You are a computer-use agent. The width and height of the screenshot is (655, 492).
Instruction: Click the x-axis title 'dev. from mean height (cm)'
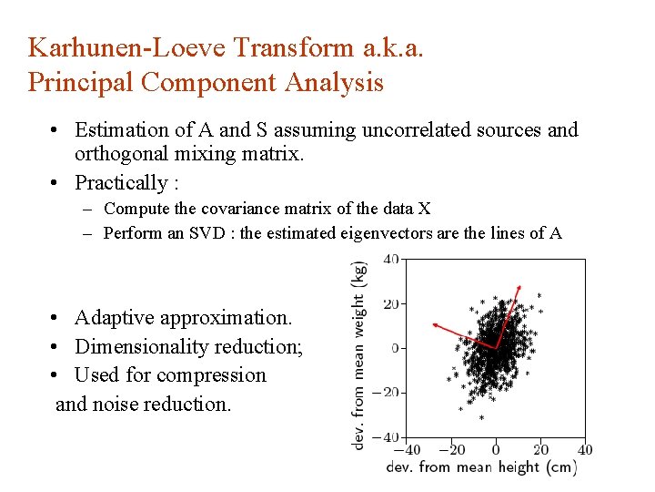tap(481, 467)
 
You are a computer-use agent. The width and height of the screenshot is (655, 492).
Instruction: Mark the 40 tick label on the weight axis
tap(390, 259)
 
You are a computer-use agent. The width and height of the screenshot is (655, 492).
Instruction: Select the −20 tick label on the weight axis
tap(387, 393)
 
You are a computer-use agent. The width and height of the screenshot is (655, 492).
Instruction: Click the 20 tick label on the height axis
tap(540, 449)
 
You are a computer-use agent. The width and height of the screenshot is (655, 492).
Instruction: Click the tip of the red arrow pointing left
tap(433, 323)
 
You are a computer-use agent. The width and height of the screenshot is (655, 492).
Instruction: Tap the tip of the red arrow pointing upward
tap(519, 286)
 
